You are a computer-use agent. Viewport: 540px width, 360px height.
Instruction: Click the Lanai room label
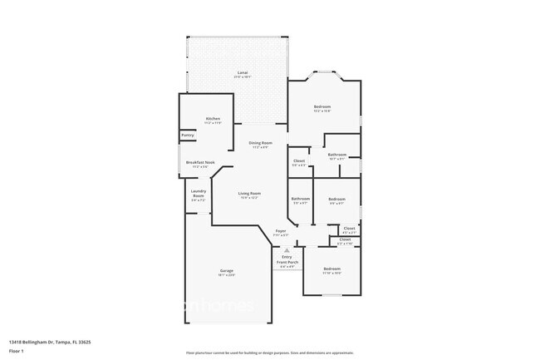coord(243,74)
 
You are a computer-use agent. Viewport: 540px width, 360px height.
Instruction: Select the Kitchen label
coord(213,120)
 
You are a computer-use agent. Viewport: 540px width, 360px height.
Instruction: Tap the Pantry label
coord(187,136)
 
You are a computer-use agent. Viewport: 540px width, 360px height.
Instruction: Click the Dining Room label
coord(260,145)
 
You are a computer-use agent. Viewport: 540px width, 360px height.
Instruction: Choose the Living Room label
coord(249,195)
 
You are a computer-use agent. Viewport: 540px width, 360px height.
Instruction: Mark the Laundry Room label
coord(198,197)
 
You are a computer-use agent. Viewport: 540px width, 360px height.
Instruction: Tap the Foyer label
coord(281,232)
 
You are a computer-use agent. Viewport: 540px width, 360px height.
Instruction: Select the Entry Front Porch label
coord(287,261)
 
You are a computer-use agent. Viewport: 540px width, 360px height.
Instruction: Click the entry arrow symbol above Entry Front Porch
coord(287,249)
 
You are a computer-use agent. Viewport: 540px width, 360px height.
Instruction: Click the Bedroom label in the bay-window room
coord(322,107)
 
